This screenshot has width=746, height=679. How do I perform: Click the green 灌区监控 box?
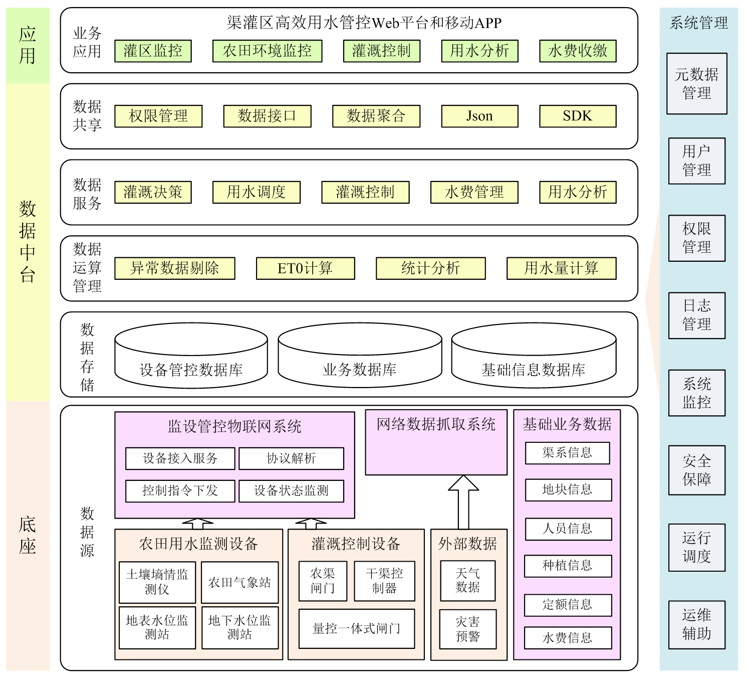153,51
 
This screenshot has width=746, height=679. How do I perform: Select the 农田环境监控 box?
267,51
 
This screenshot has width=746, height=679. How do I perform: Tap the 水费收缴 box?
578,51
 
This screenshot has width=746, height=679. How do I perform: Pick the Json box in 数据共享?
479,116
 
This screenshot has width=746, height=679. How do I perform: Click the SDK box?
578,116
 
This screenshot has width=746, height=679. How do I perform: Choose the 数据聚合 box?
376,116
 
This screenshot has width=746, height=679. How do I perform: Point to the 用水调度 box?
256,193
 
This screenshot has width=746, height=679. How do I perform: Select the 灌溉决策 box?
153,193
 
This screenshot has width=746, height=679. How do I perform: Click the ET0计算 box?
305,268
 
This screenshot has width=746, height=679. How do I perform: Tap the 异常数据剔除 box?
174,268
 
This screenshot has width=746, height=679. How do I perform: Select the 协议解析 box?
291,458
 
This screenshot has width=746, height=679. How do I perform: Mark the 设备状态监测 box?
291,491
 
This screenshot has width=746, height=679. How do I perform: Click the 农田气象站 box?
239,582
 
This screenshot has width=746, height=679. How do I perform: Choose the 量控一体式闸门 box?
356,629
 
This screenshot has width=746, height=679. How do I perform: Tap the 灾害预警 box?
468,629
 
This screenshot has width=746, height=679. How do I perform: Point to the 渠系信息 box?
567,453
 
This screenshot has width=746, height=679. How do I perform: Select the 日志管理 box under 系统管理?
696,315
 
